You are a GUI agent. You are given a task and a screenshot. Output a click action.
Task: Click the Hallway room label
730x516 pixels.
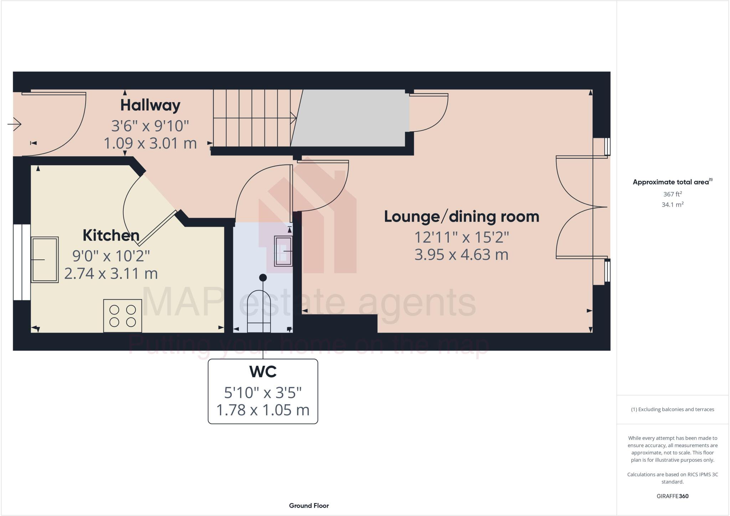[x=150, y=105]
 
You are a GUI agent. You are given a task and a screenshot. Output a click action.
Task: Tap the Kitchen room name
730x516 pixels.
[x=111, y=236]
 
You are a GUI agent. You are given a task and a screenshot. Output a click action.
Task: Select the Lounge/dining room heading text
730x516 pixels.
[x=461, y=217]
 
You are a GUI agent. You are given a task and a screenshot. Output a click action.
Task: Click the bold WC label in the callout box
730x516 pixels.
[x=263, y=372]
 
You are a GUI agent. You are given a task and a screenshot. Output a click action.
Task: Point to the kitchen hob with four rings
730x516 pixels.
[x=123, y=316]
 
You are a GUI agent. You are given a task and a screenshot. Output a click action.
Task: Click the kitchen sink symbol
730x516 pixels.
[x=45, y=260]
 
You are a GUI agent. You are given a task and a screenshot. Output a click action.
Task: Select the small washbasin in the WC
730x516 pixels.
[x=283, y=251]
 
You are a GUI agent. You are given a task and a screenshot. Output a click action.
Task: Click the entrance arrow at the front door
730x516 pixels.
[x=15, y=124]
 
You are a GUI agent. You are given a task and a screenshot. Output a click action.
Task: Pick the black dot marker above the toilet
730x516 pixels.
[x=263, y=277]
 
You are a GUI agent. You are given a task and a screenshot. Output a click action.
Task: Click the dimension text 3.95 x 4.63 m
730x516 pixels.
[x=461, y=255]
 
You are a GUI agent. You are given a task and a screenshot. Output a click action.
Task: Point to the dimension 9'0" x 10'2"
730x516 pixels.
[x=111, y=256]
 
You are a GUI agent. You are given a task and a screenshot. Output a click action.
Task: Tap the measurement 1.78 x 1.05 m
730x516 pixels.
[x=263, y=410]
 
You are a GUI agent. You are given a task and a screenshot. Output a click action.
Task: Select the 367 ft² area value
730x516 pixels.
[x=672, y=194]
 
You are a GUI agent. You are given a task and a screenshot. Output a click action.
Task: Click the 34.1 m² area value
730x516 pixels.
[x=672, y=204]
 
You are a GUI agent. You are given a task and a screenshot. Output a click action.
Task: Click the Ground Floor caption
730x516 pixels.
[x=309, y=506]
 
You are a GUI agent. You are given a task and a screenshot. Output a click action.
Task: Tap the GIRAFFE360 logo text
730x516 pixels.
[x=672, y=496]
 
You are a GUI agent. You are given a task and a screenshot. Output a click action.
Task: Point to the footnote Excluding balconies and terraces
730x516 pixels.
[x=672, y=409]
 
